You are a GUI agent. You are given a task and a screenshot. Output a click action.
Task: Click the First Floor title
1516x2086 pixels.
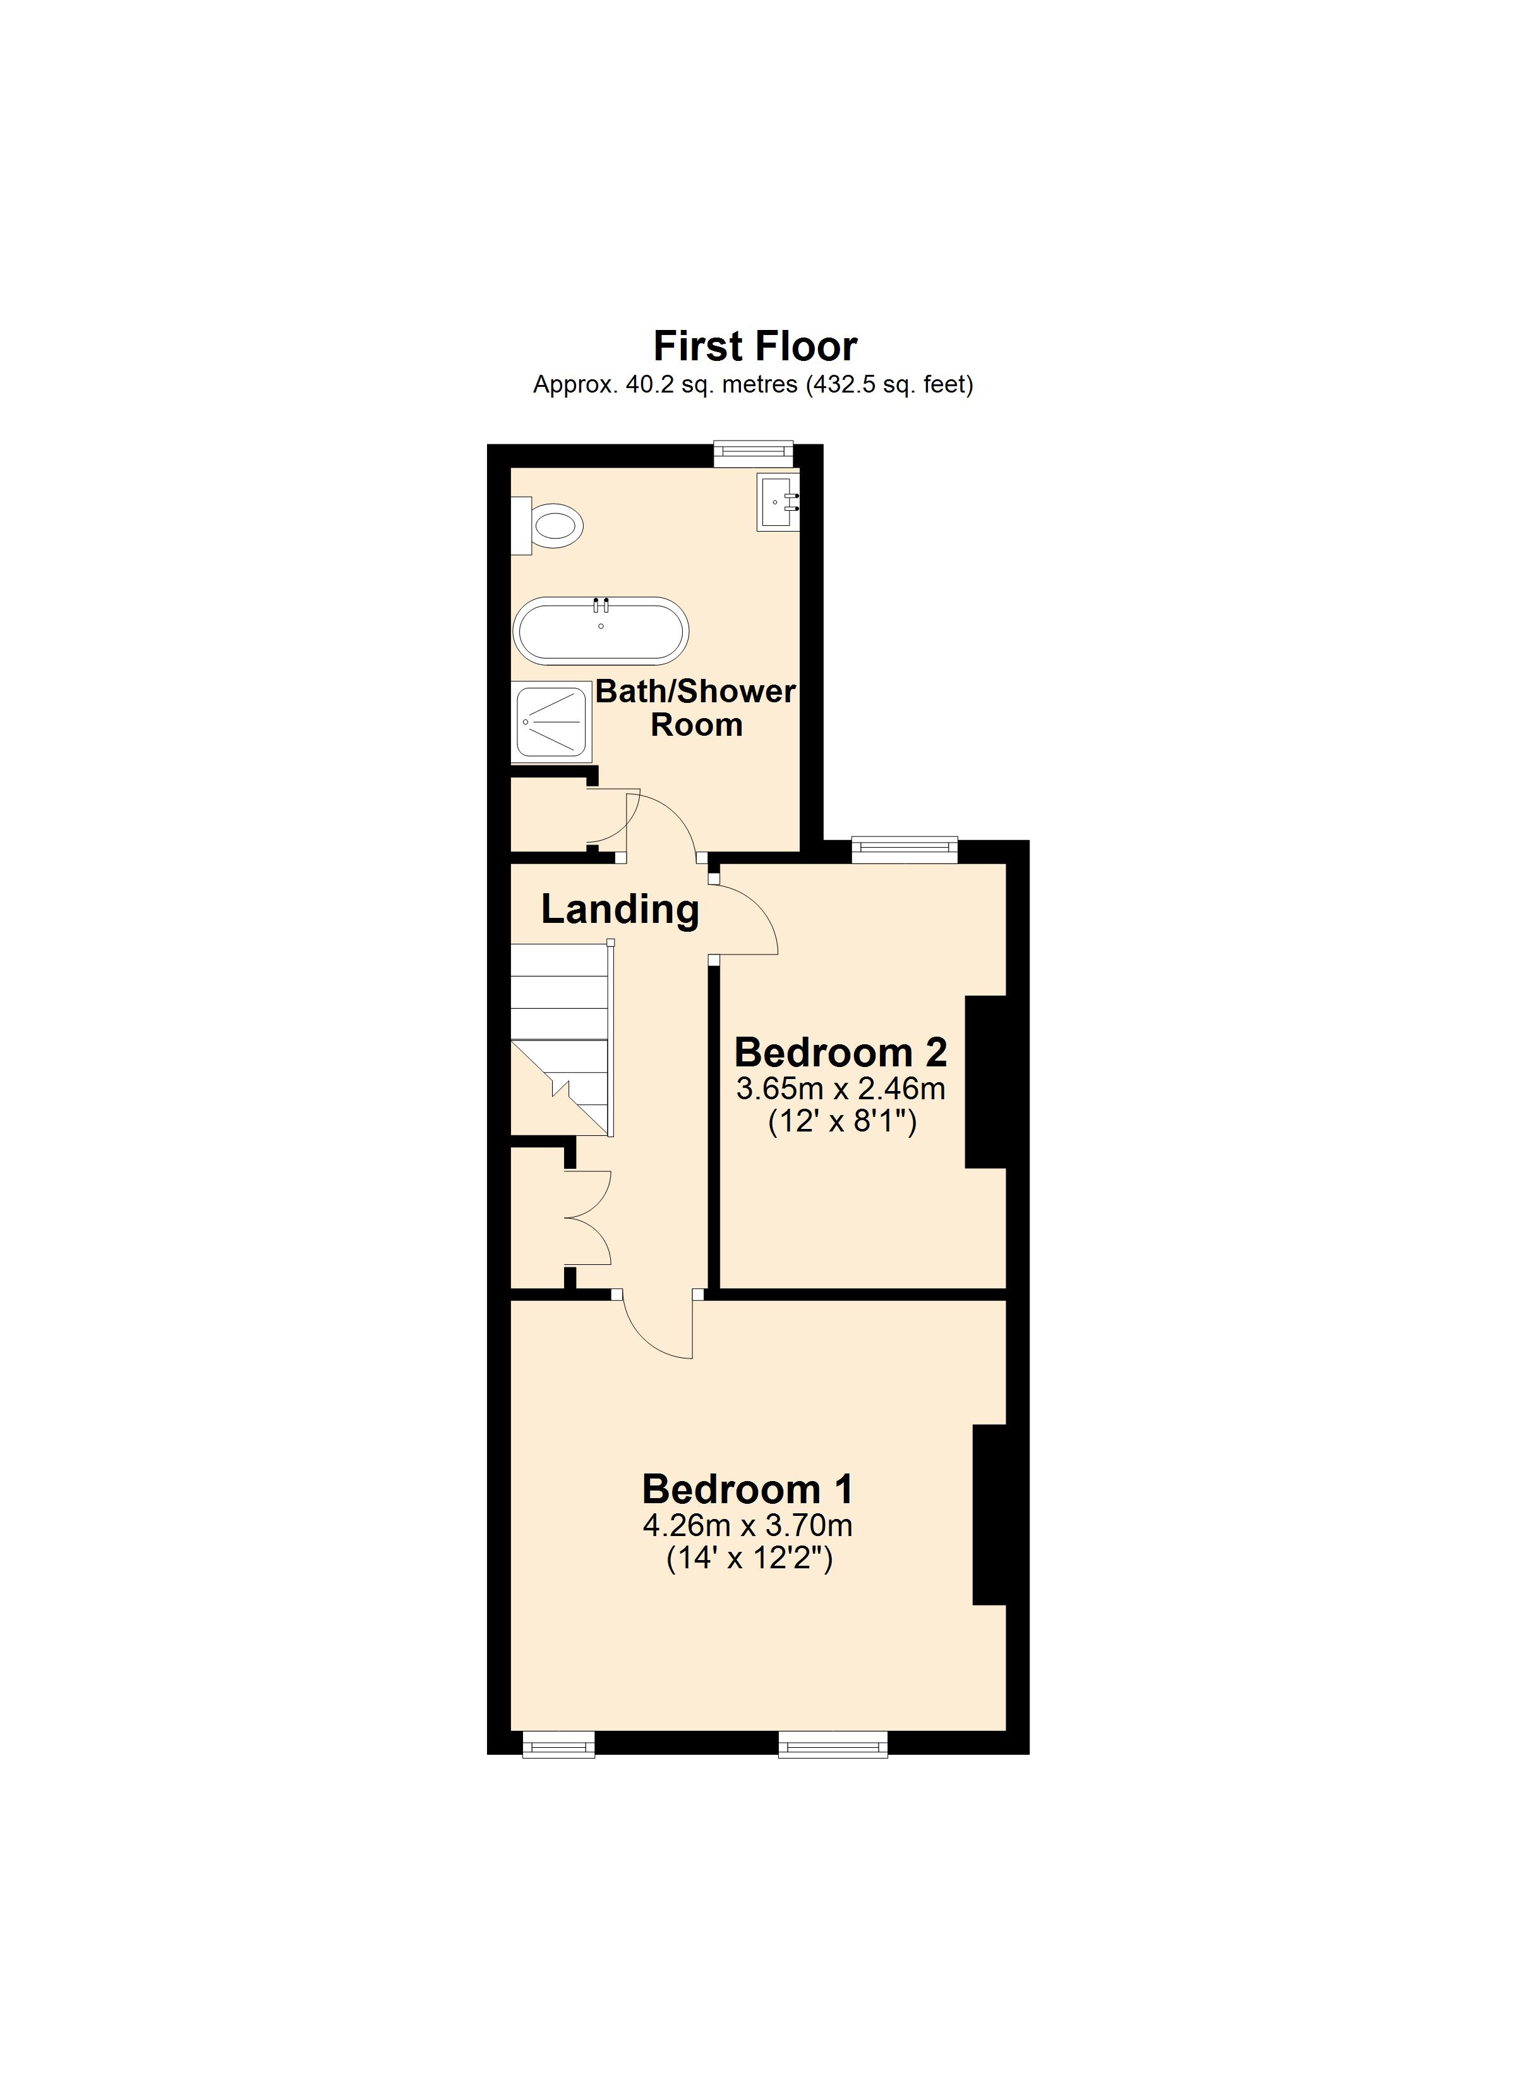click(x=755, y=347)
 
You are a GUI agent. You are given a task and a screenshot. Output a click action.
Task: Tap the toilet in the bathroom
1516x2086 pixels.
click(x=551, y=525)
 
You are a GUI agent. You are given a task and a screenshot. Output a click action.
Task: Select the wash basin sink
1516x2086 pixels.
click(x=778, y=501)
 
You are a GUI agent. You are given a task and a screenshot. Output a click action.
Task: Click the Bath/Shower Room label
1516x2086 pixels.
click(x=696, y=707)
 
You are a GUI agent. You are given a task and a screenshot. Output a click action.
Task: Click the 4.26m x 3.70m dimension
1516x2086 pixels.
click(x=747, y=1526)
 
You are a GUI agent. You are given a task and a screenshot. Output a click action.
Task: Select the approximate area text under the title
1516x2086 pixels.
click(x=753, y=384)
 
